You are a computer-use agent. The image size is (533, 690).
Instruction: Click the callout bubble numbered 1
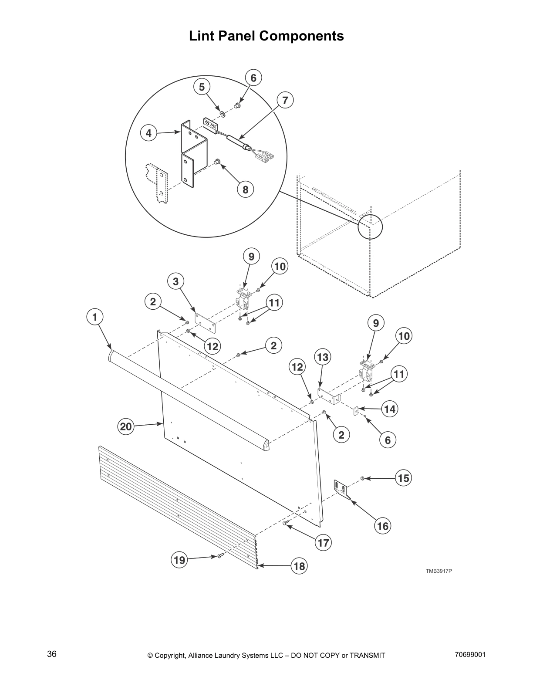pyautogui.click(x=95, y=317)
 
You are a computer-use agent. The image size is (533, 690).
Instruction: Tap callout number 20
pyautogui.click(x=126, y=426)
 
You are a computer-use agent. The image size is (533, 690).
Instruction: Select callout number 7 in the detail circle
pyautogui.click(x=285, y=101)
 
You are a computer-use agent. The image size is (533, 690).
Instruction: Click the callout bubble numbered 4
pyautogui.click(x=149, y=133)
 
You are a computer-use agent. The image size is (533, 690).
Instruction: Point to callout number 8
pyautogui.click(x=245, y=189)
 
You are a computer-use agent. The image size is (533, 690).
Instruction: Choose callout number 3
pyautogui.click(x=175, y=281)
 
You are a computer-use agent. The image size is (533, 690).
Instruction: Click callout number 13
pyautogui.click(x=322, y=357)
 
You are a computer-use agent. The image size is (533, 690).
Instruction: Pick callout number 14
pyautogui.click(x=390, y=409)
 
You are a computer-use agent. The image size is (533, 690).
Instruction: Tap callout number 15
pyautogui.click(x=404, y=478)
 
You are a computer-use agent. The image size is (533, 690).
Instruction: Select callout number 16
pyautogui.click(x=382, y=526)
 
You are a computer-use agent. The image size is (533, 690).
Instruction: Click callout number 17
pyautogui.click(x=324, y=543)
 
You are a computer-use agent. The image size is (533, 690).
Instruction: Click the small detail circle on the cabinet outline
pyautogui.click(x=370, y=227)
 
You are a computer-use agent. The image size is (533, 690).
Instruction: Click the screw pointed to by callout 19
pyautogui.click(x=221, y=555)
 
